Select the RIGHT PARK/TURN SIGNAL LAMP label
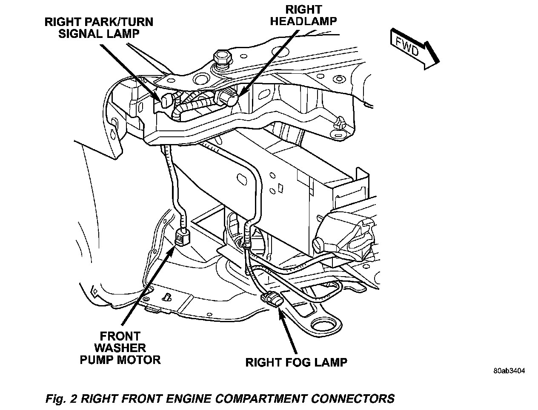pos(99,27)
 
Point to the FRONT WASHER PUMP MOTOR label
pos(120,348)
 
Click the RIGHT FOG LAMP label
pos(296,362)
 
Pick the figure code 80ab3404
pos(509,370)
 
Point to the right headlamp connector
pos(226,98)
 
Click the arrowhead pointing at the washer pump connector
pos(172,251)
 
